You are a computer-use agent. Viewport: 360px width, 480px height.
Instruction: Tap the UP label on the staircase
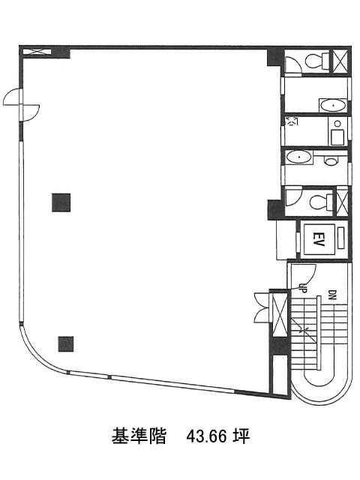(302, 287)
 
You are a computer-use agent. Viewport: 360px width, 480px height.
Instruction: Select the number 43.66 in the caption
(206, 436)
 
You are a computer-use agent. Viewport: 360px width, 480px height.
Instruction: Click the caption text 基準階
(139, 436)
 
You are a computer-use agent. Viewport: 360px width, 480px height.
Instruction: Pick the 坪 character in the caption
(241, 436)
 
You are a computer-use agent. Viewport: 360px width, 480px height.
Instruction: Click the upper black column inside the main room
(61, 202)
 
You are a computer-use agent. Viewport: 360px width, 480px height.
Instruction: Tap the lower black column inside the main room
(66, 343)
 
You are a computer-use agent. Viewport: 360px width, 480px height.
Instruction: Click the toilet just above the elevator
(321, 202)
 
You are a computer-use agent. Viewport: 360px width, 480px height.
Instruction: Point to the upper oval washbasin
(332, 106)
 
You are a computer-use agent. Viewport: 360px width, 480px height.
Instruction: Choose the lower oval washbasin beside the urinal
(298, 157)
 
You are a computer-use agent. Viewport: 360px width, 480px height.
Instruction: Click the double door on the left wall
(21, 105)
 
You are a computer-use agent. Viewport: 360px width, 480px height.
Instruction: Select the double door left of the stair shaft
(262, 307)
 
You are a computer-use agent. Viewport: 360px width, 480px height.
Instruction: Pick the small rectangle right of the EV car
(340, 238)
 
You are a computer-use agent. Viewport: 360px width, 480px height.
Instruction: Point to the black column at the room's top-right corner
(274, 57)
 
